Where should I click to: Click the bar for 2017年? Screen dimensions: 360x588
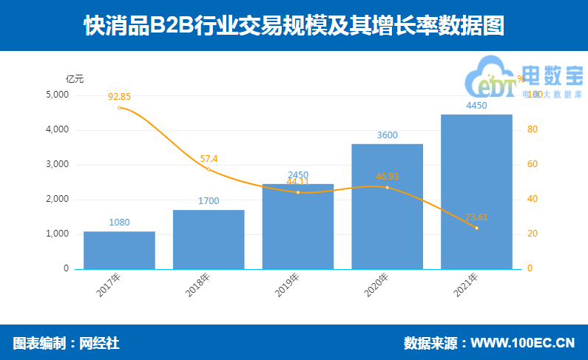pyautogui.click(x=119, y=250)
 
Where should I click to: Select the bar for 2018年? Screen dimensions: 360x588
pyautogui.click(x=209, y=239)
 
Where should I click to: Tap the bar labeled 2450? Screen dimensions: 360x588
pyautogui.click(x=298, y=226)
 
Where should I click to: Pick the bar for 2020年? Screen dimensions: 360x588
pyautogui.click(x=387, y=206)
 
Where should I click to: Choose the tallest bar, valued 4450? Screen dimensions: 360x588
pyautogui.click(x=476, y=191)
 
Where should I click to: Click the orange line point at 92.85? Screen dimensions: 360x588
pyautogui.click(x=119, y=108)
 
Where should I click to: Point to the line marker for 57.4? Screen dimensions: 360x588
pyautogui.click(x=209, y=169)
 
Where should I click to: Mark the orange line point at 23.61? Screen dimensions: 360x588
pyautogui.click(x=476, y=228)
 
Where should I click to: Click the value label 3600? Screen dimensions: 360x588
pyautogui.click(x=387, y=135)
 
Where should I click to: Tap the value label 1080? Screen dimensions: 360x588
pyautogui.click(x=119, y=223)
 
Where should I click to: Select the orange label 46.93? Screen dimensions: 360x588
pyautogui.click(x=387, y=177)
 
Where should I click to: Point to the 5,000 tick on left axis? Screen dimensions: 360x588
pyautogui.click(x=57, y=95)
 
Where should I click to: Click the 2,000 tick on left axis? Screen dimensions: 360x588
pyautogui.click(x=57, y=200)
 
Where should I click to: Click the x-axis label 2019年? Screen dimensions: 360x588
pyautogui.click(x=289, y=286)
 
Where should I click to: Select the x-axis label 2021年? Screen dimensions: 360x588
pyautogui.click(x=467, y=286)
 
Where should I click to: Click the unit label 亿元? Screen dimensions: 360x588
pyautogui.click(x=75, y=78)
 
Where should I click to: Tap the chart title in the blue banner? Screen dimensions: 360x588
pyautogui.click(x=294, y=27)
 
